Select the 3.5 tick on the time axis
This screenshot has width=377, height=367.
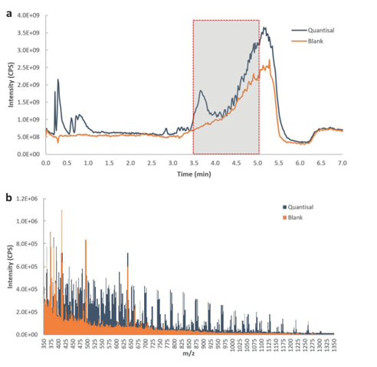coord(193,163)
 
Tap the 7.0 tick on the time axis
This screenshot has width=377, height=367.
coord(343,163)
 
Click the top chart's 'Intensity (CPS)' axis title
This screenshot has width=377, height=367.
coord(11,84)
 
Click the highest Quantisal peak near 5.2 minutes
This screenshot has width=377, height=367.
coord(264,28)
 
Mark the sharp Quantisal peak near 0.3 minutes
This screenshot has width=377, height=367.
coord(57,80)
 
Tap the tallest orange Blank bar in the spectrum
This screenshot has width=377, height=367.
coord(61,210)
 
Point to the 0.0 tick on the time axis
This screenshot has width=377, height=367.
coord(45,163)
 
